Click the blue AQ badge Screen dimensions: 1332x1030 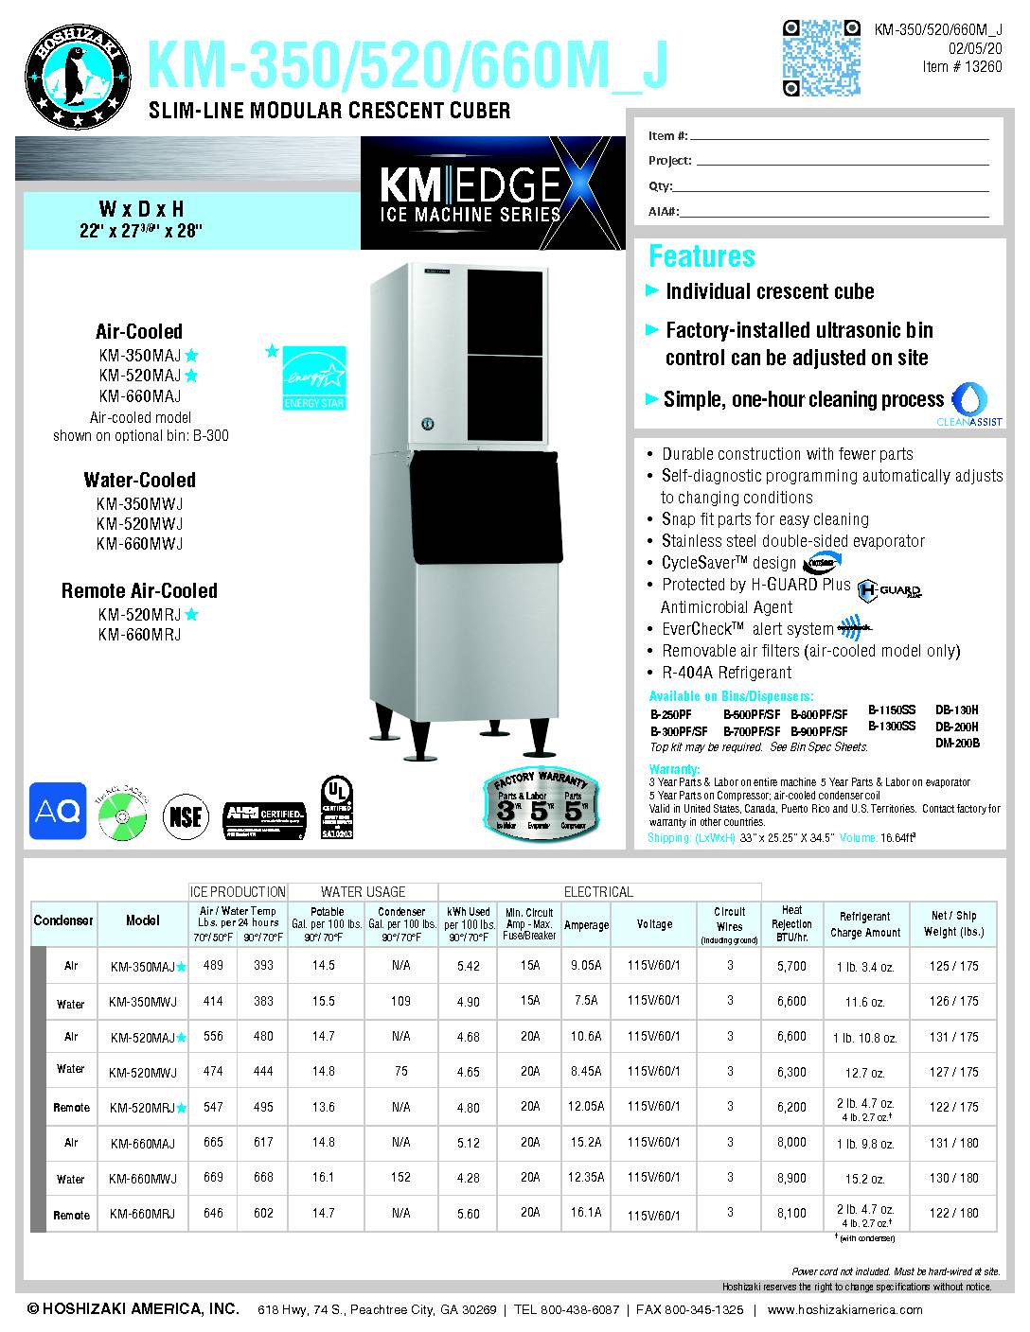(57, 811)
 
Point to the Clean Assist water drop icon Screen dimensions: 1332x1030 (975, 398)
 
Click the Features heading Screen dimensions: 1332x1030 (701, 256)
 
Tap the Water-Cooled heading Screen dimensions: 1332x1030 (139, 480)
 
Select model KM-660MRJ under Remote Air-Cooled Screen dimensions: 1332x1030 (138, 635)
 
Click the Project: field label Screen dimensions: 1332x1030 (669, 161)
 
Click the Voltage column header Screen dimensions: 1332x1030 (654, 924)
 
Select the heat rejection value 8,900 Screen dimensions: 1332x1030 (790, 1179)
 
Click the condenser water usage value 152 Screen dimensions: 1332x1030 (400, 1179)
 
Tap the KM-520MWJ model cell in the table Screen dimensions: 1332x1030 (143, 1072)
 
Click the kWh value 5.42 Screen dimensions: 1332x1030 (468, 967)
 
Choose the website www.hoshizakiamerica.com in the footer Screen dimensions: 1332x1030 (844, 1310)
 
